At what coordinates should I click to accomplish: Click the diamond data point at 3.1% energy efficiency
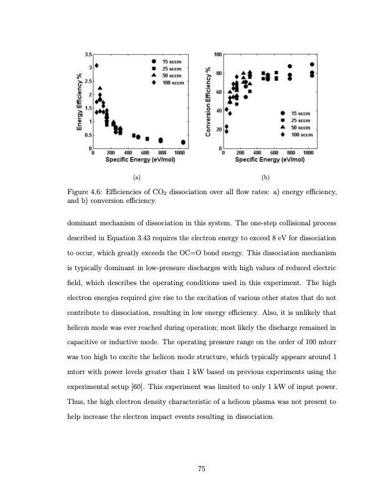click(96, 65)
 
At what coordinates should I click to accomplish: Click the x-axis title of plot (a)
click(139, 159)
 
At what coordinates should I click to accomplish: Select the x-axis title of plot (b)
click(269, 159)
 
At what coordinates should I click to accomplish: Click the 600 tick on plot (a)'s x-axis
click(145, 153)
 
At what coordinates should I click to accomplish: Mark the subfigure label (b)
click(266, 178)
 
